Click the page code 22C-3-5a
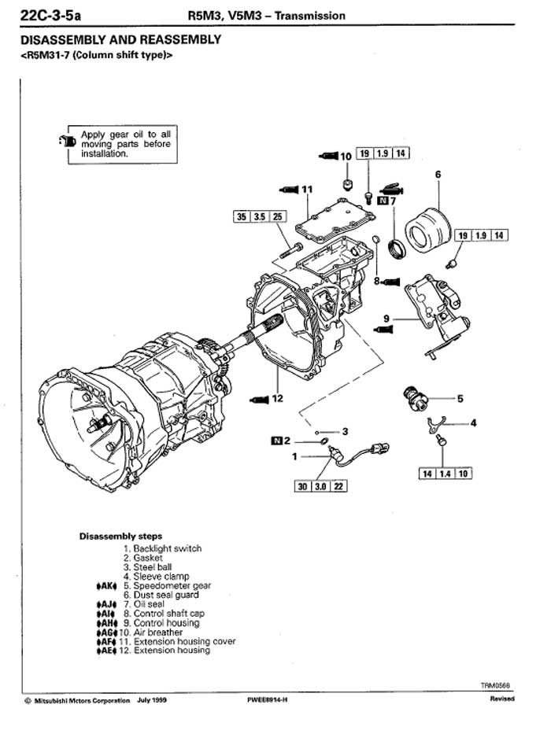[50, 16]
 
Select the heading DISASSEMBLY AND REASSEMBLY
[121, 39]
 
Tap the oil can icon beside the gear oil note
[68, 140]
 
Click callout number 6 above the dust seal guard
[438, 174]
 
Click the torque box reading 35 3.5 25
[260, 216]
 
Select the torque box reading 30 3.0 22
[321, 486]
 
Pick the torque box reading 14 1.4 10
[445, 474]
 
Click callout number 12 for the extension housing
[277, 398]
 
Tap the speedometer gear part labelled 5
[415, 399]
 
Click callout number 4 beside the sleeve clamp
[474, 422]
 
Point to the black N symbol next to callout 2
[276, 441]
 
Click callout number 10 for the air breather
[346, 157]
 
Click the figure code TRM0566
[495, 686]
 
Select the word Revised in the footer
[502, 699]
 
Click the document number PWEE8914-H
[267, 700]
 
